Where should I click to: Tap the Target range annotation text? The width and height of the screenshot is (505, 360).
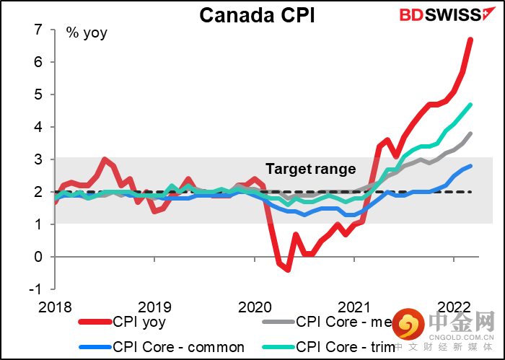[311, 170]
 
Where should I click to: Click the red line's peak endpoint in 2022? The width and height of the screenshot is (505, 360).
[471, 40]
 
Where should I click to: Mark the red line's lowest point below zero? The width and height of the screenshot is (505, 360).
[288, 269]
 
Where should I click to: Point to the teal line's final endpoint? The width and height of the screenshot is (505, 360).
[471, 105]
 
